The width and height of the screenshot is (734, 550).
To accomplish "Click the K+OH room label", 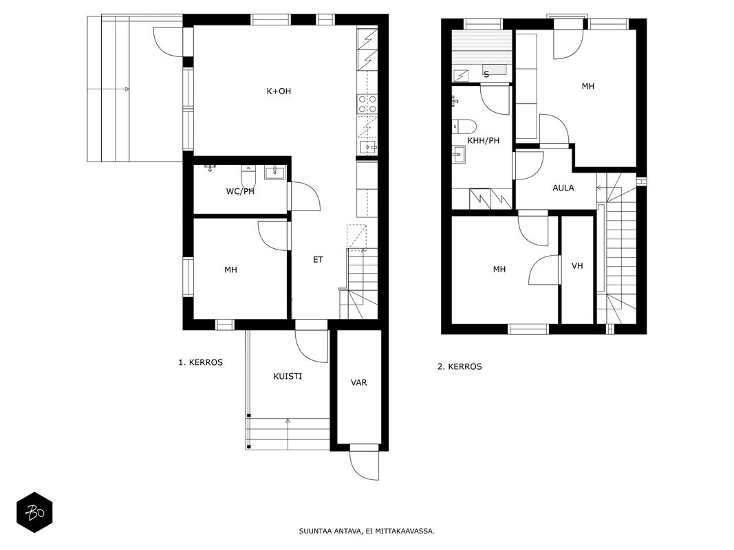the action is click(279, 91).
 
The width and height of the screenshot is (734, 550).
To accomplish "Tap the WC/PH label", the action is click(240, 191).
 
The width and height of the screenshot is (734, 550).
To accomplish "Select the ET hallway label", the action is click(318, 260).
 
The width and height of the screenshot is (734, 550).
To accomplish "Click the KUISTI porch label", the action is click(288, 376).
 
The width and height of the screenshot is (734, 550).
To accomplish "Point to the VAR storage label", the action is click(358, 382).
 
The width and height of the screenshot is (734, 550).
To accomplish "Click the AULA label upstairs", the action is click(563, 188).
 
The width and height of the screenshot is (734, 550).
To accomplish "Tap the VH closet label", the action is click(577, 265).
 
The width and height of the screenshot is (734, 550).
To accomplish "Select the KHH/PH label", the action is click(483, 140).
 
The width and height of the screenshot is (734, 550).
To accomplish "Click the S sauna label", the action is click(486, 74).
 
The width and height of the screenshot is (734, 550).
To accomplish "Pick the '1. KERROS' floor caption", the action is click(200, 362).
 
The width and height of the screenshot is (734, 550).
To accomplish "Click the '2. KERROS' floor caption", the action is click(460, 366).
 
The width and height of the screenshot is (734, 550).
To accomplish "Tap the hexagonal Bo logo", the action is click(34, 513).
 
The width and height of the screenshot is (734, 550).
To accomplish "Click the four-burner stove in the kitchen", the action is click(367, 104).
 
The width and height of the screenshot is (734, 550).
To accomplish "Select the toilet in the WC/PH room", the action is click(248, 175).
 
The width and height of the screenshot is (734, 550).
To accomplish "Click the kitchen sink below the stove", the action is click(368, 147).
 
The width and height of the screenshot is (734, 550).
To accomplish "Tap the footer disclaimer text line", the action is click(367, 531).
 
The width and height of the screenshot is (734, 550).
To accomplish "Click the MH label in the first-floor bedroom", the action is click(230, 270).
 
